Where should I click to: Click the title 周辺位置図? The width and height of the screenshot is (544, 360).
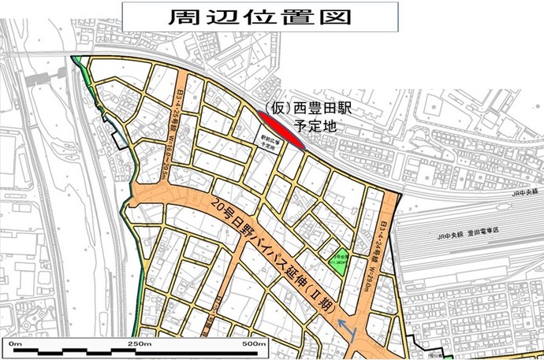pos(259,17)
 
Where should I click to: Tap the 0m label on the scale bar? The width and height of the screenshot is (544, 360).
pos(14,344)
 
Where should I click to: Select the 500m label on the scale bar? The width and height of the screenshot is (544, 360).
pos(254,344)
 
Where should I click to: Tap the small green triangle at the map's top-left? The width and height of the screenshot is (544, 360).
pos(76,61)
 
